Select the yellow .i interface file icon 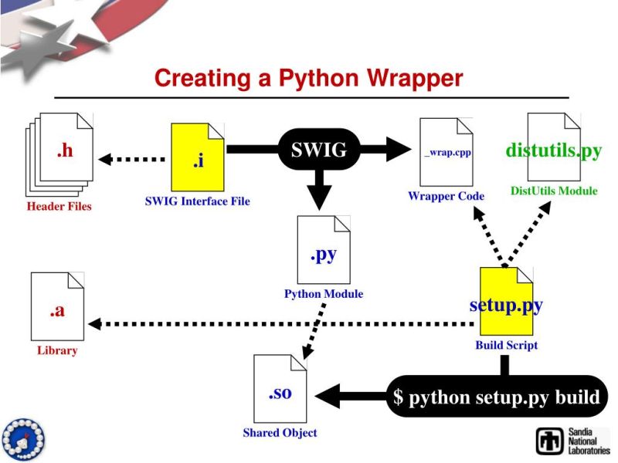(197, 158)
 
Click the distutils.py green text (553, 150)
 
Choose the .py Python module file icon (324, 251)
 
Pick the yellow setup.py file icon (506, 302)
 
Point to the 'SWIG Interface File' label (197, 201)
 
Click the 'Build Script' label (506, 345)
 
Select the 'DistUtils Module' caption (553, 191)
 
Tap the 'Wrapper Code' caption (446, 196)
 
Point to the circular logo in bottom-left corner (22, 439)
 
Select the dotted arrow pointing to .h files (131, 159)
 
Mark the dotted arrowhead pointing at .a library (96, 323)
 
